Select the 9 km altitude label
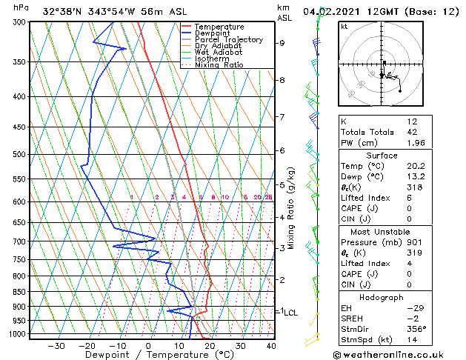(x=282, y=43)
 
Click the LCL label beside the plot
(x=290, y=313)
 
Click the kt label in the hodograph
(x=344, y=26)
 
